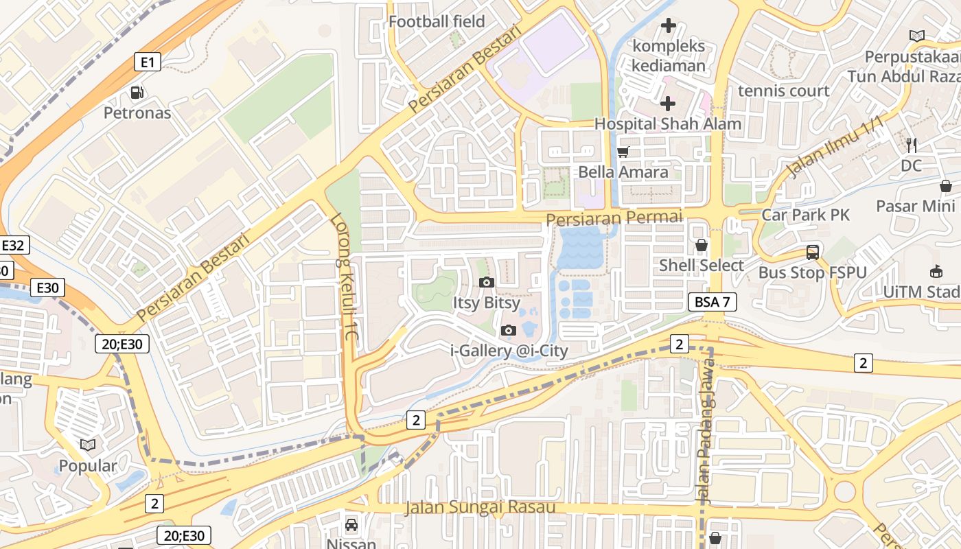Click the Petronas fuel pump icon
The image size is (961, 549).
click(137, 92)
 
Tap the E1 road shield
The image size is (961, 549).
click(147, 62)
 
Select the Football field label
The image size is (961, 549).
click(437, 21)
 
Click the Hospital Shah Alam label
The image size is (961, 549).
click(667, 124)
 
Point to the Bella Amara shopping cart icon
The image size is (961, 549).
click(623, 152)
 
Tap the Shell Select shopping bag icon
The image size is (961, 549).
click(702, 245)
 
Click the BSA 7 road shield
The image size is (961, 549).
click(712, 301)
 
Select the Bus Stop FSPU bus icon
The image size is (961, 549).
click(813, 253)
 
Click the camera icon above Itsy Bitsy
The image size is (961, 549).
click(487, 282)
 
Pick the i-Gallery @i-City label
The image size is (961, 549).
click(509, 351)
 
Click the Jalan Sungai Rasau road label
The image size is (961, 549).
click(479, 508)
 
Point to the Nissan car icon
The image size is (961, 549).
click(351, 525)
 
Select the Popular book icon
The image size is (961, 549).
click(87, 445)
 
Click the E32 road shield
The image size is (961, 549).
click(14, 245)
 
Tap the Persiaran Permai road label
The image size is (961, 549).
click(614, 218)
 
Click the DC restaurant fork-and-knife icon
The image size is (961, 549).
click(912, 145)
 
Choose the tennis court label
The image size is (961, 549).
click(783, 91)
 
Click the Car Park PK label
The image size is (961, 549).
click(805, 215)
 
